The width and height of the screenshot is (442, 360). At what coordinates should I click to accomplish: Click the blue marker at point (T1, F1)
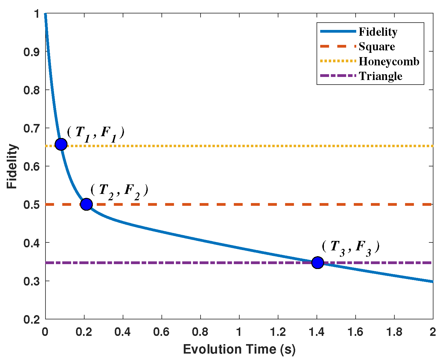pyautogui.click(x=61, y=144)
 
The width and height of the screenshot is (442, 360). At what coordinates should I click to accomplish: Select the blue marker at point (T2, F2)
pyautogui.click(x=86, y=204)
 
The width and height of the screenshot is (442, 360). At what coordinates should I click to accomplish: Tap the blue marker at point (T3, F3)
pyautogui.click(x=317, y=262)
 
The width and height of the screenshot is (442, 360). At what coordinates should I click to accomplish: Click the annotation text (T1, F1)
pyautogui.click(x=96, y=133)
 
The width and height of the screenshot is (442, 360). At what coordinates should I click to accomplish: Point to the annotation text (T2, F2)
pyautogui.click(x=119, y=191)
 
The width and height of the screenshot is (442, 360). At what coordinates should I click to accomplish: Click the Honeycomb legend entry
pyautogui.click(x=389, y=61)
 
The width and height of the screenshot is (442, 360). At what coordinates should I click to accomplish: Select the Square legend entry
pyautogui.click(x=377, y=47)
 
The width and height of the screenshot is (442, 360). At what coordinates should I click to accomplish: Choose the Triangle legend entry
pyautogui.click(x=380, y=76)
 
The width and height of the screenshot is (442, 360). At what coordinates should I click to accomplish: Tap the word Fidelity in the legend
pyautogui.click(x=378, y=32)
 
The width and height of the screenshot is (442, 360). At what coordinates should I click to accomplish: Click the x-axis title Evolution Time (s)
pyautogui.click(x=239, y=349)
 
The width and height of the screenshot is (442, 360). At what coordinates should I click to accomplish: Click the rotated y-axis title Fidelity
pyautogui.click(x=12, y=166)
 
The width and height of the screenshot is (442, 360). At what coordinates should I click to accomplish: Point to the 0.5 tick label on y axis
pyautogui.click(x=32, y=205)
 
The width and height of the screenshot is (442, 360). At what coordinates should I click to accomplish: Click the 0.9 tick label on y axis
pyautogui.click(x=32, y=52)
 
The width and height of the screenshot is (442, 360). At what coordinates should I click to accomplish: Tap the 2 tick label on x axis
pyautogui.click(x=433, y=332)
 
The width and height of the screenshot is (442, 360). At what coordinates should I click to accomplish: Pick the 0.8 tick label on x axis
pyautogui.click(x=200, y=332)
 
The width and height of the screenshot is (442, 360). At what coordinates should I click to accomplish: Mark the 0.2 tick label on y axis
pyautogui.click(x=32, y=319)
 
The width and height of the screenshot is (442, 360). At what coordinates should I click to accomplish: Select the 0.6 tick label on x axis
pyautogui.click(x=161, y=332)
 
